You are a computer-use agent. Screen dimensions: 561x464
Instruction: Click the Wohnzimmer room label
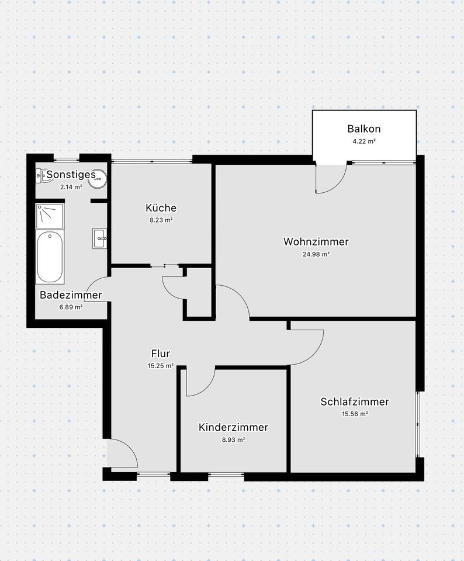pyautogui.click(x=316, y=241)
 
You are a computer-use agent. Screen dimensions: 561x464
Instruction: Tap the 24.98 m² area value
pyautogui.click(x=316, y=254)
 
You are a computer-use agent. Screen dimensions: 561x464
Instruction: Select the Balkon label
pyautogui.click(x=364, y=129)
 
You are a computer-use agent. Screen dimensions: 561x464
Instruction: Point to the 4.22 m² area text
pyautogui.click(x=364, y=141)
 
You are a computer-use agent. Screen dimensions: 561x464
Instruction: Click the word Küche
pyautogui.click(x=161, y=208)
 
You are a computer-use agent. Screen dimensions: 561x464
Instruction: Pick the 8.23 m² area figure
pyautogui.click(x=161, y=220)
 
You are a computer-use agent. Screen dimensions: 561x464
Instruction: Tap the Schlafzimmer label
pyautogui.click(x=355, y=401)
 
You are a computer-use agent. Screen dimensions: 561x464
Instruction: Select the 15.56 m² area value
pyautogui.click(x=355, y=414)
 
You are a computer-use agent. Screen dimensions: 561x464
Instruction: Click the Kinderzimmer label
pyautogui.click(x=233, y=427)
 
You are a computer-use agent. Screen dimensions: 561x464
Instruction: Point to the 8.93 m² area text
pyautogui.click(x=233, y=439)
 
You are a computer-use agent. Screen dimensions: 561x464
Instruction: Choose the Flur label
pyautogui.click(x=160, y=353)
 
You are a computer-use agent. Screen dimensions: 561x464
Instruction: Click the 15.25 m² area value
pyautogui.click(x=160, y=366)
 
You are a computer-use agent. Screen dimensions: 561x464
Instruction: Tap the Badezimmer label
pyautogui.click(x=71, y=295)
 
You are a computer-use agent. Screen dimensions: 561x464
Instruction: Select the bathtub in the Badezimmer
pyautogui.click(x=49, y=257)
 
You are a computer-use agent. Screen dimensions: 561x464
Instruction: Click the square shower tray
pyautogui.click(x=49, y=216)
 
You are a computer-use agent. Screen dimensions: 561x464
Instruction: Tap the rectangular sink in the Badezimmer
pyautogui.click(x=99, y=238)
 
